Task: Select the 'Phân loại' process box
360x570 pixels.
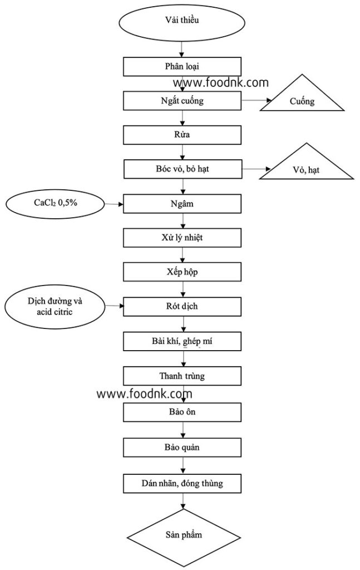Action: (182, 66)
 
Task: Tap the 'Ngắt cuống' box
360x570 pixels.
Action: (182, 101)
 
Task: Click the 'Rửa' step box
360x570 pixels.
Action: (182, 135)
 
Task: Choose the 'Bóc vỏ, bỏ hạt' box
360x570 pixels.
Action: (182, 168)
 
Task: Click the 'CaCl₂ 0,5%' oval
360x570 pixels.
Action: (56, 203)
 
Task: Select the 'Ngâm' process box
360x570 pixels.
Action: (182, 204)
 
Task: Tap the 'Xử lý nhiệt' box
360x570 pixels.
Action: (182, 238)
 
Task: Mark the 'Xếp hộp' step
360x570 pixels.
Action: (182, 272)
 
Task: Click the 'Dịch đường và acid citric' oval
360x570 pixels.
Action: (55, 306)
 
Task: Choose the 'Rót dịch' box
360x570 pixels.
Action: (182, 307)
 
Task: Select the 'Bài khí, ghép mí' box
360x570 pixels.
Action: (182, 341)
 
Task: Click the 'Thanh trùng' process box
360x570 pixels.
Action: (182, 376)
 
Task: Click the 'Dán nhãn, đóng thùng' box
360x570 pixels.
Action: (182, 483)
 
